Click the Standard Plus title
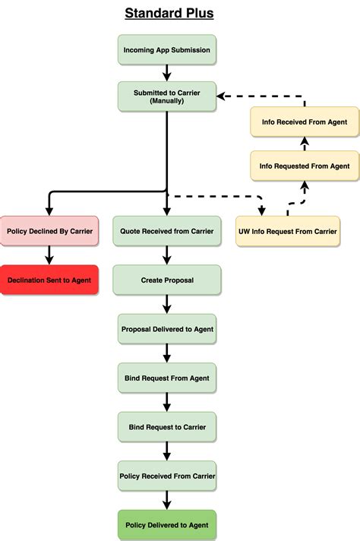(169, 14)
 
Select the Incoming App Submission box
(167, 49)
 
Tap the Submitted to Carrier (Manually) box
(167, 96)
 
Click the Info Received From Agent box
(305, 122)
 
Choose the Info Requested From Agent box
(305, 166)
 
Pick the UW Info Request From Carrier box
(288, 231)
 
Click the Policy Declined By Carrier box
(49, 231)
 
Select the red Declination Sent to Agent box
(49, 280)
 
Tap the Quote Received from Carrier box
(167, 231)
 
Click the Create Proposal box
(167, 280)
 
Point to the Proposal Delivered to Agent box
(167, 329)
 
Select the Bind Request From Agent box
(167, 378)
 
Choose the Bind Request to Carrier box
(167, 427)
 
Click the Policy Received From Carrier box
(167, 476)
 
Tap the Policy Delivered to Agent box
(167, 525)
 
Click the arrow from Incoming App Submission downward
(167, 73)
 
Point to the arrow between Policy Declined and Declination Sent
(49, 255)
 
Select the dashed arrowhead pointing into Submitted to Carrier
(221, 96)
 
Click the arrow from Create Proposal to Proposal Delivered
(167, 304)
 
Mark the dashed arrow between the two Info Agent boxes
(305, 144)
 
